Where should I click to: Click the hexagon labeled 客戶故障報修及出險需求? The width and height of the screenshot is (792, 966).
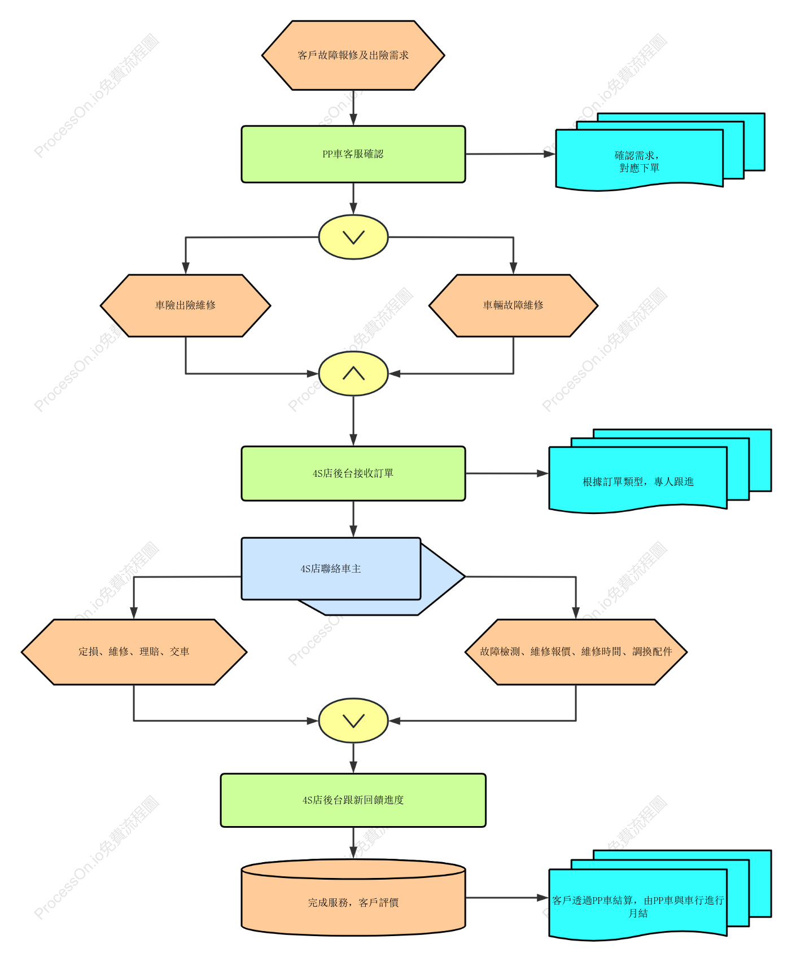pyautogui.click(x=353, y=55)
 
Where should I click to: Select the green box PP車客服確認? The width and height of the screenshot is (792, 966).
pyautogui.click(x=353, y=154)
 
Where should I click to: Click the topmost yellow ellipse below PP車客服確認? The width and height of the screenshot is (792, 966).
pyautogui.click(x=353, y=237)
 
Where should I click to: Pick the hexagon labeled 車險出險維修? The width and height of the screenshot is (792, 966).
pyautogui.click(x=185, y=306)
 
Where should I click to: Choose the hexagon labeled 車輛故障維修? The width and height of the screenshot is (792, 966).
pyautogui.click(x=513, y=306)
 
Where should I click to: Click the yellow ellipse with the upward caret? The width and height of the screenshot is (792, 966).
pyautogui.click(x=353, y=374)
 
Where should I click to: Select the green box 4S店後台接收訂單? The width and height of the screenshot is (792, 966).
pyautogui.click(x=353, y=473)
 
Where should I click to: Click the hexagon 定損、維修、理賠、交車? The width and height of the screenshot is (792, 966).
pyautogui.click(x=134, y=652)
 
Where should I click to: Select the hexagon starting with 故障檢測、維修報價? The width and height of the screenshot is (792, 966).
pyautogui.click(x=576, y=652)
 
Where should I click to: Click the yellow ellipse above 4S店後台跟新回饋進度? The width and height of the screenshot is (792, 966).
pyautogui.click(x=353, y=721)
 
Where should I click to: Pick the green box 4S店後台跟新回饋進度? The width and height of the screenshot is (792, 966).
pyautogui.click(x=353, y=800)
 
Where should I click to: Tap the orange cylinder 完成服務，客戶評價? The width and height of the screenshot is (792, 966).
pyautogui.click(x=353, y=897)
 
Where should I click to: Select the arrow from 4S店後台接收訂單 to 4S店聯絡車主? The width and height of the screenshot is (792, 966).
pyautogui.click(x=353, y=519)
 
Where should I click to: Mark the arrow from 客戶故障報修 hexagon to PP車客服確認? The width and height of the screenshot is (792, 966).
pyautogui.click(x=353, y=108)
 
